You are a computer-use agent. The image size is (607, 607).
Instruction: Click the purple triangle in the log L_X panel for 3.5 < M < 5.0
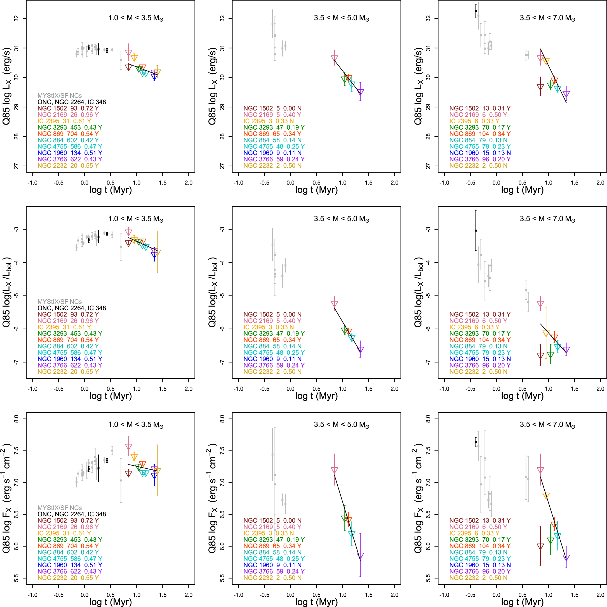360,92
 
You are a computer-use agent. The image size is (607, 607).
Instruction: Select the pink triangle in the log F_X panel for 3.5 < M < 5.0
334,470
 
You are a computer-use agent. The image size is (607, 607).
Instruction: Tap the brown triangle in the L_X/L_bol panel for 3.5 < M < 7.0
540,356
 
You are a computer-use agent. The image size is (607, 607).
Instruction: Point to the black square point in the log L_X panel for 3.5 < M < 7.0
476,11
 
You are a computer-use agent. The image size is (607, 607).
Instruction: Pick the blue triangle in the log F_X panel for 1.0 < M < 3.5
154,475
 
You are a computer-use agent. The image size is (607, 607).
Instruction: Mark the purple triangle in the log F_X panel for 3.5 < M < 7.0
566,557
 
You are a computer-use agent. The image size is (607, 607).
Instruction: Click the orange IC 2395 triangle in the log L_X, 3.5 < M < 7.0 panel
546,61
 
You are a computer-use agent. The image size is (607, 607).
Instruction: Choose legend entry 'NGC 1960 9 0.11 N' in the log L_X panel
272,153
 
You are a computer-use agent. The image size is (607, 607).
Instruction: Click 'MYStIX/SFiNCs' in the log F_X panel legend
60,508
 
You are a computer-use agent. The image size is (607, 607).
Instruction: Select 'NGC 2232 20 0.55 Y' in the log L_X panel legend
68,165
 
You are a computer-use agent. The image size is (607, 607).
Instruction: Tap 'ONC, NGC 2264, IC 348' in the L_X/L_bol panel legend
72,308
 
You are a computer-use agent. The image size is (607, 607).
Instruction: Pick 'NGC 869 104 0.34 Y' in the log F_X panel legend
480,546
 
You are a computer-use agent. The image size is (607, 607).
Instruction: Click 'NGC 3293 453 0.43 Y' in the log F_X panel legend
70,539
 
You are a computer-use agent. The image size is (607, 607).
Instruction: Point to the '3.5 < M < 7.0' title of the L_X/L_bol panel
547,219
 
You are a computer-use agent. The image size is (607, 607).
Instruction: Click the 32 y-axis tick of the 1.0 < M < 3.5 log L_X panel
16,18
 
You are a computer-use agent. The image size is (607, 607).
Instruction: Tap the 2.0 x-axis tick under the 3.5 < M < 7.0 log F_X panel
600,594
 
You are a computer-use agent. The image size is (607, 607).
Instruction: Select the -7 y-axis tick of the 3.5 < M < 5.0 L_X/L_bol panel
222,362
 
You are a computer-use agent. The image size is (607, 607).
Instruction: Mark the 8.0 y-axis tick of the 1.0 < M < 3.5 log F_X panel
16,419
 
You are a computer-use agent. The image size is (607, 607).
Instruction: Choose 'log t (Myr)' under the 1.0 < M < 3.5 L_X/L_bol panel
110,396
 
